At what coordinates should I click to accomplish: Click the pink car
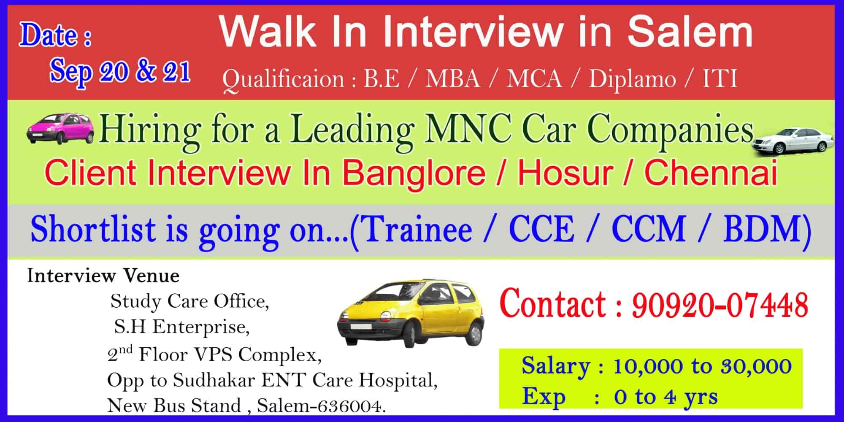(60, 128)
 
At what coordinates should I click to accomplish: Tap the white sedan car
(792, 141)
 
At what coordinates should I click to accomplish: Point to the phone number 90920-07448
(720, 305)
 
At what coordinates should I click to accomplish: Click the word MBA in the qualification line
(453, 78)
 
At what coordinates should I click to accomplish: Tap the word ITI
(720, 78)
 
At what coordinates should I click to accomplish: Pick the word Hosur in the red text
(565, 173)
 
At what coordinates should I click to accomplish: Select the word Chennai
(711, 173)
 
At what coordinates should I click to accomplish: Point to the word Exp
(544, 397)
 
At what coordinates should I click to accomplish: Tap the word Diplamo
(632, 79)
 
